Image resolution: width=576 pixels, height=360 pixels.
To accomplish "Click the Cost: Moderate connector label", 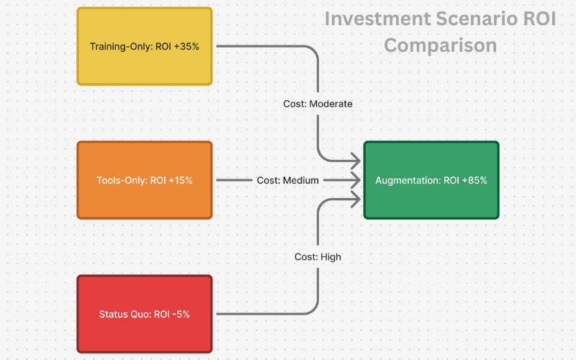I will (x=318, y=104).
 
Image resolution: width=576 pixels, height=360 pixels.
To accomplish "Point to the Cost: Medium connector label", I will (x=287, y=180).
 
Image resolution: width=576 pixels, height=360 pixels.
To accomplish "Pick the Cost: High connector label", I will (x=318, y=256).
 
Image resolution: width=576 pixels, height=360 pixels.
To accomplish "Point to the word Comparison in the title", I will (x=440, y=45).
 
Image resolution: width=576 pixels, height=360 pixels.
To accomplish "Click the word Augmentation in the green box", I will (x=407, y=181).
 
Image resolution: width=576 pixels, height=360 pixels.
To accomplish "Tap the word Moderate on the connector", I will (x=330, y=104).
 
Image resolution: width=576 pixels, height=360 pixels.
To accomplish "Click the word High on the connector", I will (x=330, y=256).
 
